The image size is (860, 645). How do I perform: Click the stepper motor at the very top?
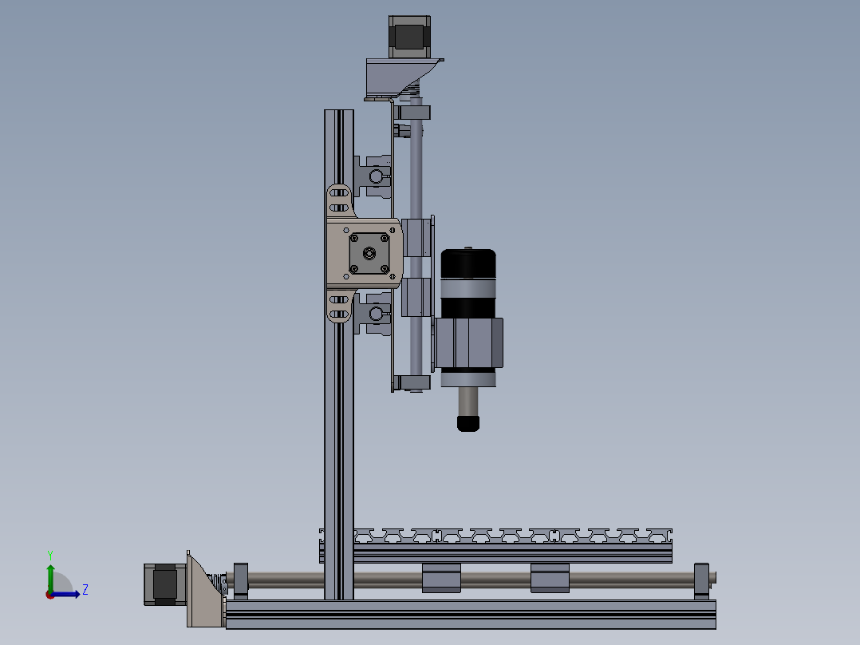[410, 37]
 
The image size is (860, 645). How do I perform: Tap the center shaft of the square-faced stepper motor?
[369, 253]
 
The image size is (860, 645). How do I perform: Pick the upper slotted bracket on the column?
[339, 200]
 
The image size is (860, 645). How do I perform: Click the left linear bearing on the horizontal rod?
[441, 577]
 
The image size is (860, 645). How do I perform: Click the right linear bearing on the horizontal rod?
[550, 577]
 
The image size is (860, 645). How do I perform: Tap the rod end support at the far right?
[701, 579]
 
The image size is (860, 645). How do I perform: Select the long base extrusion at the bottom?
[471, 615]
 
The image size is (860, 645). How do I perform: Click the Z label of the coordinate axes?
[85, 590]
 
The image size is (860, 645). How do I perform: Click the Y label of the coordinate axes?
[49, 554]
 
